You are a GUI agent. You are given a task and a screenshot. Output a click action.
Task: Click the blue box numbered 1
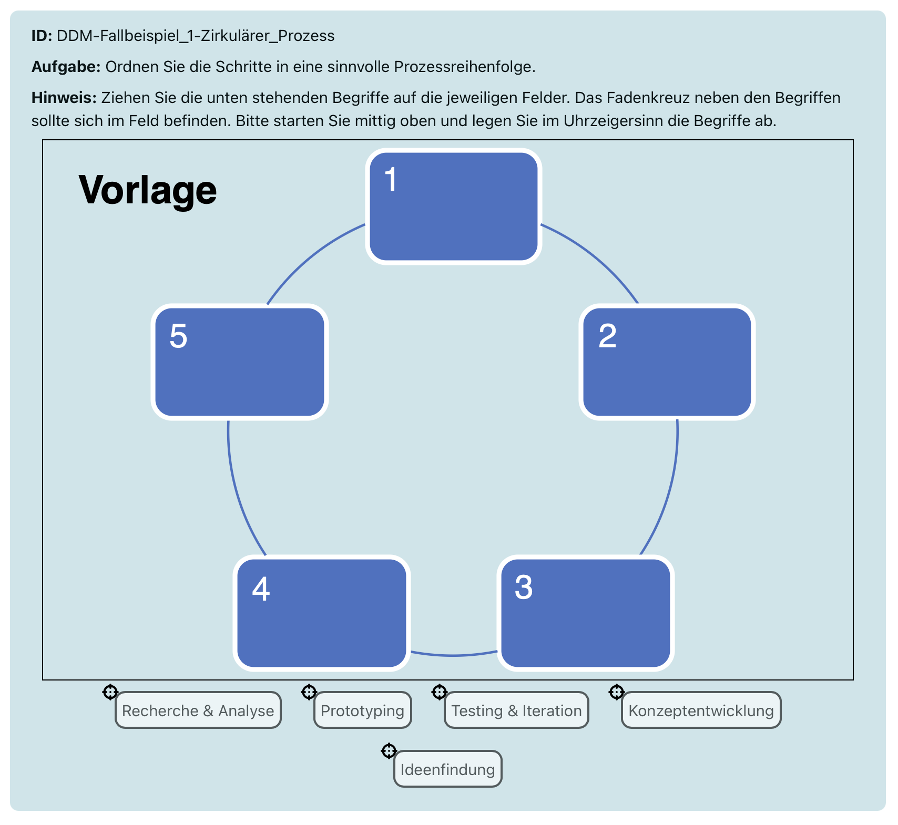coord(454,206)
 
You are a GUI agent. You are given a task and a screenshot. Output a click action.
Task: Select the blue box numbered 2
coord(667,362)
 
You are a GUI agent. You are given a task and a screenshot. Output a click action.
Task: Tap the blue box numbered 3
coord(585,613)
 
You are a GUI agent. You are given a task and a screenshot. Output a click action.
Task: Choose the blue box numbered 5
coord(240,362)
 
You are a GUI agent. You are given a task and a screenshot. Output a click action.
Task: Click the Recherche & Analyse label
coord(198,710)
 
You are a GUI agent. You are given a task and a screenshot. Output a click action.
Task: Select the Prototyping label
coord(362,710)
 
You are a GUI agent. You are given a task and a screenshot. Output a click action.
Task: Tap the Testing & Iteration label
coord(516,710)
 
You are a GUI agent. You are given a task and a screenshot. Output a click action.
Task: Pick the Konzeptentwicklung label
coord(701,710)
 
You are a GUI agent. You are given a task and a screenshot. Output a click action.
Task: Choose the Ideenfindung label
coord(447,769)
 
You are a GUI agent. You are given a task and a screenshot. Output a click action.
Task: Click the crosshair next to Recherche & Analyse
coord(110,693)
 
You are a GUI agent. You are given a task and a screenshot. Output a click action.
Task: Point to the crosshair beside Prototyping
coord(309,693)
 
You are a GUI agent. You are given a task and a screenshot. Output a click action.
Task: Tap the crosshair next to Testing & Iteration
coord(439,693)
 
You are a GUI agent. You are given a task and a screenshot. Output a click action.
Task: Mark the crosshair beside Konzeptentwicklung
coord(616,693)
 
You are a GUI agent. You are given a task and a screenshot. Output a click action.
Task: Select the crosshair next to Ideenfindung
coord(389,751)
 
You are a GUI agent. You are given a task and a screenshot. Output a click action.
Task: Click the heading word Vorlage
coord(148,190)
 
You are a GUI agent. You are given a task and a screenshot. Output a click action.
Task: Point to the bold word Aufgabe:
coord(66,67)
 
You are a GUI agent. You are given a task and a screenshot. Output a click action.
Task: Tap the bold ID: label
coord(42,36)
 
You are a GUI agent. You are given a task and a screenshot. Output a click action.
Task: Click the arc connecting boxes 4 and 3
coord(453,655)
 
